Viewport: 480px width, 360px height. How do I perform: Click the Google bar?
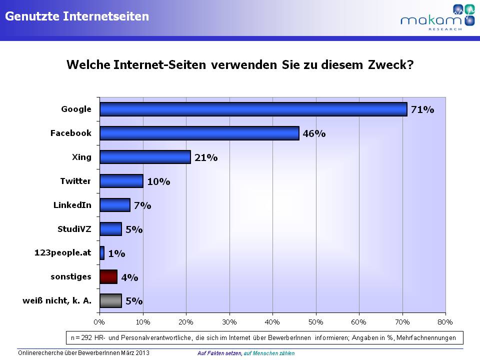pos(253,109)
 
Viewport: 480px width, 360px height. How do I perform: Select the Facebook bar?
pos(199,133)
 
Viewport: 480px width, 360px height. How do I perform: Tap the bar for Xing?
pos(145,157)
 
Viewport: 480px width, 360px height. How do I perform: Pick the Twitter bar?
pos(121,180)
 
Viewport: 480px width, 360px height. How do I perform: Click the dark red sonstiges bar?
pos(108,276)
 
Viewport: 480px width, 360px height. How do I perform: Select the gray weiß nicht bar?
pos(110,300)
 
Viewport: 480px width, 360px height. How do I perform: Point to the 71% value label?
pos(422,110)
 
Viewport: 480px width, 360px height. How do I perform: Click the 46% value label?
pos(314,134)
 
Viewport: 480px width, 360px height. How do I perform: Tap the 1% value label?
pos(116,253)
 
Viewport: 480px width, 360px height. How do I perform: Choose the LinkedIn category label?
pos(72,204)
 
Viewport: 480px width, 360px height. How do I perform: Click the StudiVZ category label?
pos(74,228)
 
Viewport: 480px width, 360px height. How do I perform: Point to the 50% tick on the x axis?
pos(315,320)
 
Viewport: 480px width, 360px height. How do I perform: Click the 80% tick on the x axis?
pos(444,320)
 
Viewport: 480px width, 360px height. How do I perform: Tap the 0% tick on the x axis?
pos(100,320)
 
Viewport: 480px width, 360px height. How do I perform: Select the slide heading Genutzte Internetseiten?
pos(77,16)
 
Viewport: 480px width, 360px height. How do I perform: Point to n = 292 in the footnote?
pos(83,337)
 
